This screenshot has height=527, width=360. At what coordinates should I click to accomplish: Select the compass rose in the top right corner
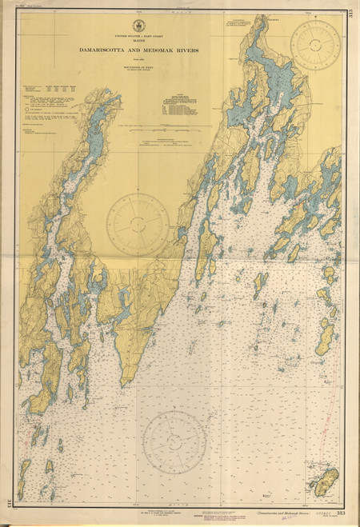[x=314, y=46]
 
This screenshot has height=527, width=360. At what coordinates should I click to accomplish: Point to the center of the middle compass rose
[x=137, y=224]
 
